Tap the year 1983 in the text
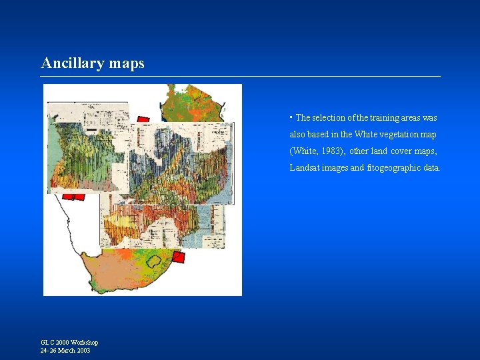point(329,151)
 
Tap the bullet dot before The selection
point(291,117)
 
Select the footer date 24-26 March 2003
point(65,351)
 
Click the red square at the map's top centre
point(143,121)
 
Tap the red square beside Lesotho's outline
point(178,257)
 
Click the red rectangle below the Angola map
point(74,197)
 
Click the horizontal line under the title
point(240,77)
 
